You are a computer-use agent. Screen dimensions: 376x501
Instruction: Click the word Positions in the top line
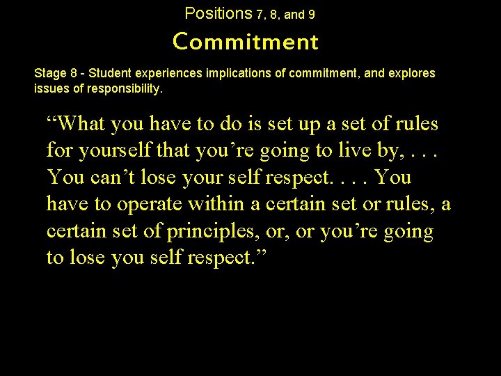pos(218,13)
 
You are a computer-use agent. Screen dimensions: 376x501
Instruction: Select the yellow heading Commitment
pos(246,42)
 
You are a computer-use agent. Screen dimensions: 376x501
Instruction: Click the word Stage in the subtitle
pos(49,73)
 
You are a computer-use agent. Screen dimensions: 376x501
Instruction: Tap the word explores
pos(415,73)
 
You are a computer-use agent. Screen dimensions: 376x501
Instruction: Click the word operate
pos(148,204)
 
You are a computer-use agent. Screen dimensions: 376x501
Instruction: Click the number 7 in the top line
pos(260,14)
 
